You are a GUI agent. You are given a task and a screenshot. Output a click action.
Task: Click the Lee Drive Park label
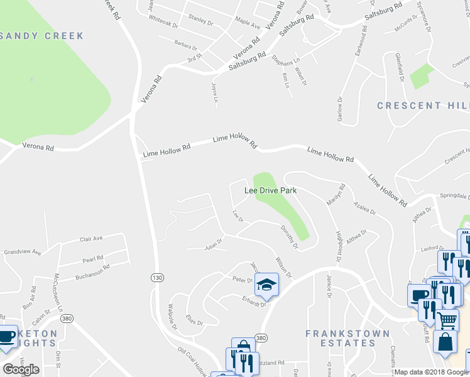click(270, 190)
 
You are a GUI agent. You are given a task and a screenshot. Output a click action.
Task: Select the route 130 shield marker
click(157, 277)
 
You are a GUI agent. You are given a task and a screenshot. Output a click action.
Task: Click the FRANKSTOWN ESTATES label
click(341, 338)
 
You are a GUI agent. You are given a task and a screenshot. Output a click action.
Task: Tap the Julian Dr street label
click(214, 248)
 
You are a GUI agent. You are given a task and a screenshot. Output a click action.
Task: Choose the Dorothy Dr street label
click(288, 237)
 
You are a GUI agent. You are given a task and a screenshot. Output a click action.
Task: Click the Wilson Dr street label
click(283, 266)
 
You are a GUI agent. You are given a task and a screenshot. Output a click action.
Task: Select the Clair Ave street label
click(90, 239)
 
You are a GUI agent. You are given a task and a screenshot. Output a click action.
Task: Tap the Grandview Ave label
click(22, 253)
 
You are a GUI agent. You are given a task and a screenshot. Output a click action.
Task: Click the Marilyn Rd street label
click(336, 194)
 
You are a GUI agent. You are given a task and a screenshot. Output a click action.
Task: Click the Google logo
click(21, 369)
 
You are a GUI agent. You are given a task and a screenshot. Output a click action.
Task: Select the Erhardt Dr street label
click(255, 301)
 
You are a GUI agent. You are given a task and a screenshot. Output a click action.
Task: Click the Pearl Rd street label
click(92, 259)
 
